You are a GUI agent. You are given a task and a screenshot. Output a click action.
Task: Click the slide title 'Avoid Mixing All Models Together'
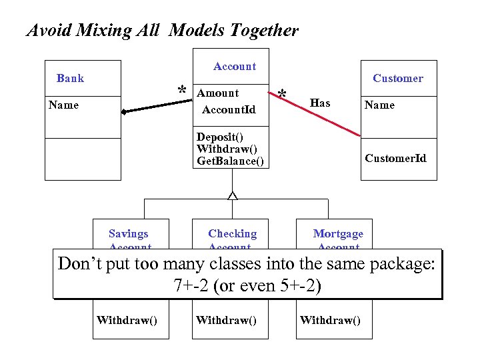[x=162, y=31]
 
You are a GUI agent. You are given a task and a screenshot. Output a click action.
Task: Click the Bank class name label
[x=70, y=79]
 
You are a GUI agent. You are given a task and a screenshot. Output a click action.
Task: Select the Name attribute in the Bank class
[x=63, y=105]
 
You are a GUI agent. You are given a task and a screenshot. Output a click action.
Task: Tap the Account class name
[x=234, y=67]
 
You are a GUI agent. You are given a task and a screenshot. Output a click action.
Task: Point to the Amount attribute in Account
[x=218, y=93]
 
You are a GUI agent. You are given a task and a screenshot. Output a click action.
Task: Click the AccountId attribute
[x=228, y=109]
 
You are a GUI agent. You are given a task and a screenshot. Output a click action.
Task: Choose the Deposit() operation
[x=219, y=137]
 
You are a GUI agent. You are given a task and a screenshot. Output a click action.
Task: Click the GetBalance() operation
[x=230, y=161]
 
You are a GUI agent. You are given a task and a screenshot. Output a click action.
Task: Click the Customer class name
[x=397, y=79]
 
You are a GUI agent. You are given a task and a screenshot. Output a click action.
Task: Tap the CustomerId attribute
[x=395, y=158]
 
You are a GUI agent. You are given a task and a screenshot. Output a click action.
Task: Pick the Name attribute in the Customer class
[x=379, y=105]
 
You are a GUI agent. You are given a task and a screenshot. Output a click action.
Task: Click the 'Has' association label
[x=320, y=103]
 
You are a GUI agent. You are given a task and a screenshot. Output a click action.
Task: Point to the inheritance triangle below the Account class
[x=232, y=195]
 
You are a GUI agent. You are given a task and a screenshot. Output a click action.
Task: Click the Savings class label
[x=128, y=234]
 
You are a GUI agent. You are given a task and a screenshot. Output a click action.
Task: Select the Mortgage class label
[x=338, y=234]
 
